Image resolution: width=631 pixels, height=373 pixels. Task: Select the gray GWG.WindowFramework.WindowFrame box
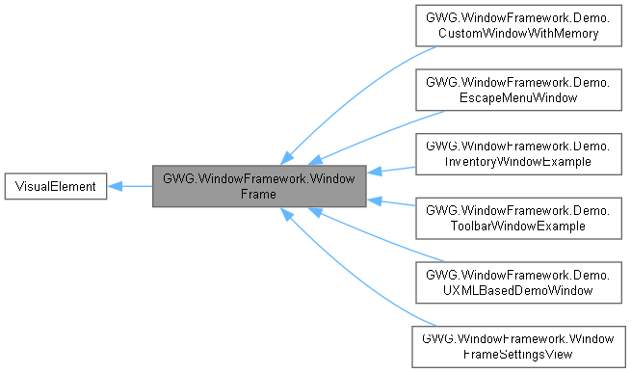pos(259,185)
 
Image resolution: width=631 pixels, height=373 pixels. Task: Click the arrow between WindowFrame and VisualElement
pos(130,185)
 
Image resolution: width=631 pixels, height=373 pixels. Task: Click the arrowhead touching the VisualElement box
pos(114,185)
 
